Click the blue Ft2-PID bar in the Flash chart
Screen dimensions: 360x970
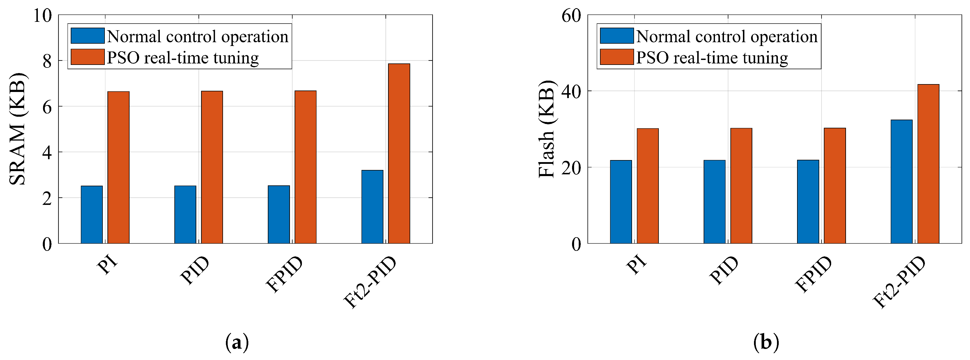pyautogui.click(x=902, y=182)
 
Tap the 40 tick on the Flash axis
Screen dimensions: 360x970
pyautogui.click(x=571, y=91)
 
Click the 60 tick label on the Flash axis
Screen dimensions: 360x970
pyautogui.click(x=571, y=16)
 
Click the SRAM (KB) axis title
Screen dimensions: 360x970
pyautogui.click(x=17, y=129)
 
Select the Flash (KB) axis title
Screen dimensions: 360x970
pyautogui.click(x=547, y=129)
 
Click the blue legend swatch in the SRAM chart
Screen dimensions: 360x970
pyautogui.click(x=87, y=36)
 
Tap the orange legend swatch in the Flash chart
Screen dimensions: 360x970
pyautogui.click(x=616, y=57)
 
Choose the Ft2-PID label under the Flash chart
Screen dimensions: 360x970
pyautogui.click(x=899, y=282)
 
